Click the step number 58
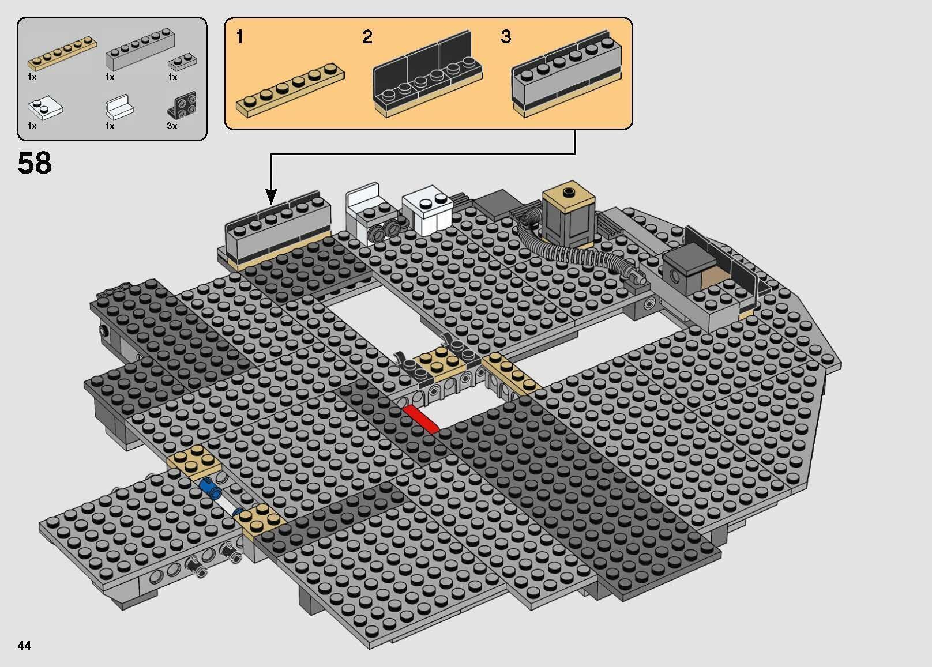35,163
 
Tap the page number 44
24,645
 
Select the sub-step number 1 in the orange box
240,37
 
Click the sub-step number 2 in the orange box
367,37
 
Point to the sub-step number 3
506,37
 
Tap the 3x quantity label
172,126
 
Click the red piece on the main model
420,417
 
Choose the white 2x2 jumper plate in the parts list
45,108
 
